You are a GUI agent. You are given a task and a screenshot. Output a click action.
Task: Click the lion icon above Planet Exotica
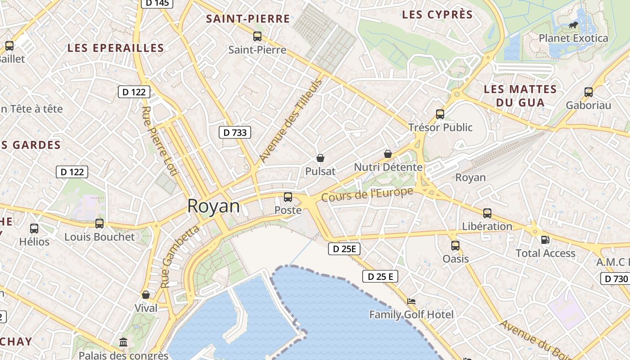coord(573,25)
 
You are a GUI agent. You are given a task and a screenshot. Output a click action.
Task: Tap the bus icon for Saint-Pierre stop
coord(257,36)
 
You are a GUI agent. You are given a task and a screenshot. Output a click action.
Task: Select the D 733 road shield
coord(235,132)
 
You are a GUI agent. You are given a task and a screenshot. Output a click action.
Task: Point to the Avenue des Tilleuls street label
coord(291,121)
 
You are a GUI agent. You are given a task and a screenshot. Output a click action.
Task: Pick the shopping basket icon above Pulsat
coord(320,158)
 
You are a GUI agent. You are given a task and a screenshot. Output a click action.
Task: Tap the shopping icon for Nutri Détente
coord(388,154)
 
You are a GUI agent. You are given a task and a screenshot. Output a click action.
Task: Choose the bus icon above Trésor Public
coord(440,114)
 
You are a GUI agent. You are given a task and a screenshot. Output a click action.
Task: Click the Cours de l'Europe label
coord(367,194)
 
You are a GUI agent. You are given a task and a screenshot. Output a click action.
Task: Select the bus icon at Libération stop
coord(487,213)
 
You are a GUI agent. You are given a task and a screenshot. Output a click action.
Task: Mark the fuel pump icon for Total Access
coord(545,240)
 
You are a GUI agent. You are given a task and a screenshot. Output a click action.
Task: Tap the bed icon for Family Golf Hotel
coord(411,301)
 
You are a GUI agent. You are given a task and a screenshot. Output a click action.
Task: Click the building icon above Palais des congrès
coord(123,342)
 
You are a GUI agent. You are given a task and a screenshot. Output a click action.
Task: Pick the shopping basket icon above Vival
coord(146,295)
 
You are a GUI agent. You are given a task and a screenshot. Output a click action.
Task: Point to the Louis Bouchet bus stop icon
coord(99,224)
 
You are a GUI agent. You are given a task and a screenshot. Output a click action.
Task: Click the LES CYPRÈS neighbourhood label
coord(437,15)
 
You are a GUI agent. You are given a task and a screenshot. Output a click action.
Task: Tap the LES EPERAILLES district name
coord(116,48)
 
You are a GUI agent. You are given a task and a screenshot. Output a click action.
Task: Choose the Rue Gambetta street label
coord(180,257)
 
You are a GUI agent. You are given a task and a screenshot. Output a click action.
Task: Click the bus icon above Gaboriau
coord(589,92)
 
